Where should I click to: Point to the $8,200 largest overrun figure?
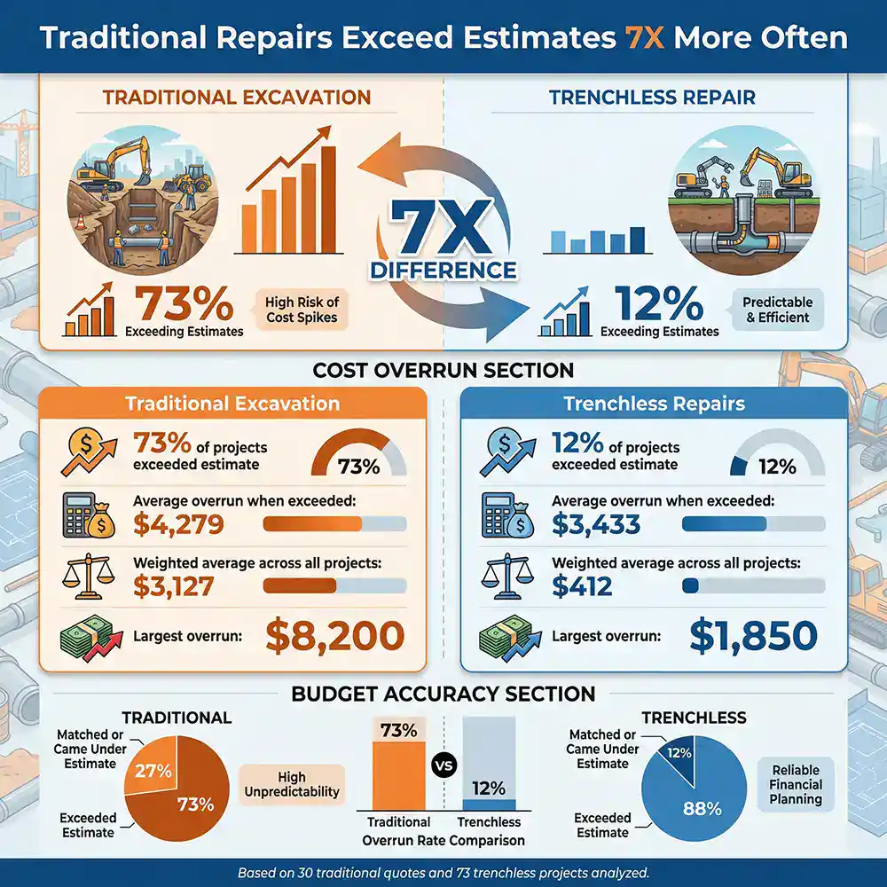(335, 635)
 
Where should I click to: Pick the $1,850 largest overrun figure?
(753, 635)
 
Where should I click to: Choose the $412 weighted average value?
(582, 585)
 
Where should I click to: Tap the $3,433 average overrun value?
(596, 524)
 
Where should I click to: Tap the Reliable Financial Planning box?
(796, 785)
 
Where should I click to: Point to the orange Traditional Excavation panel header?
(232, 404)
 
